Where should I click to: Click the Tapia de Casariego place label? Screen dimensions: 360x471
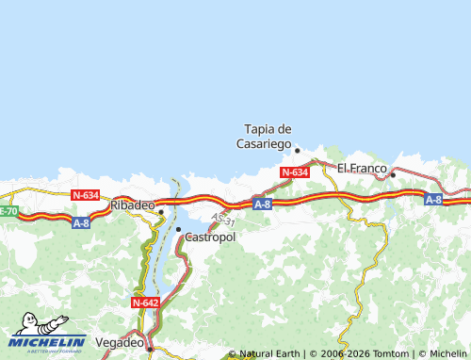(268, 137)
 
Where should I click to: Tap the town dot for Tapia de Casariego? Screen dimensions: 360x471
(297, 150)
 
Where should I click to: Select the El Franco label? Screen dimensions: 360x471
(362, 169)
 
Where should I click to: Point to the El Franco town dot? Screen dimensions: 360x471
(393, 174)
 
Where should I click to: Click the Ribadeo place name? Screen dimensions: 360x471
(132, 205)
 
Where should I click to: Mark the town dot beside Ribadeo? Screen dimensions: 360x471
(161, 211)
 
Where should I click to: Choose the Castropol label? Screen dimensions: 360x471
(210, 237)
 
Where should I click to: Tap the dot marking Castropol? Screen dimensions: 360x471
(178, 229)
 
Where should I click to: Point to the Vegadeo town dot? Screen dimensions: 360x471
(149, 347)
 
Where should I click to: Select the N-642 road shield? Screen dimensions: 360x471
(145, 303)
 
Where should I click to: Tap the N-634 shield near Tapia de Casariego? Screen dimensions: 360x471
(295, 172)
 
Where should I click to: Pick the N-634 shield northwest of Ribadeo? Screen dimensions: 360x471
(85, 195)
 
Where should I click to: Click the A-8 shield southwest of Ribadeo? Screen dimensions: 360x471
(81, 223)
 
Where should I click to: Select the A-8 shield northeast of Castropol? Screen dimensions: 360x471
(262, 204)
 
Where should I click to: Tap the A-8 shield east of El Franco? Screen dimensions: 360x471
(432, 199)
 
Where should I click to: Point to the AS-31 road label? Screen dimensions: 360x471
(223, 219)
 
